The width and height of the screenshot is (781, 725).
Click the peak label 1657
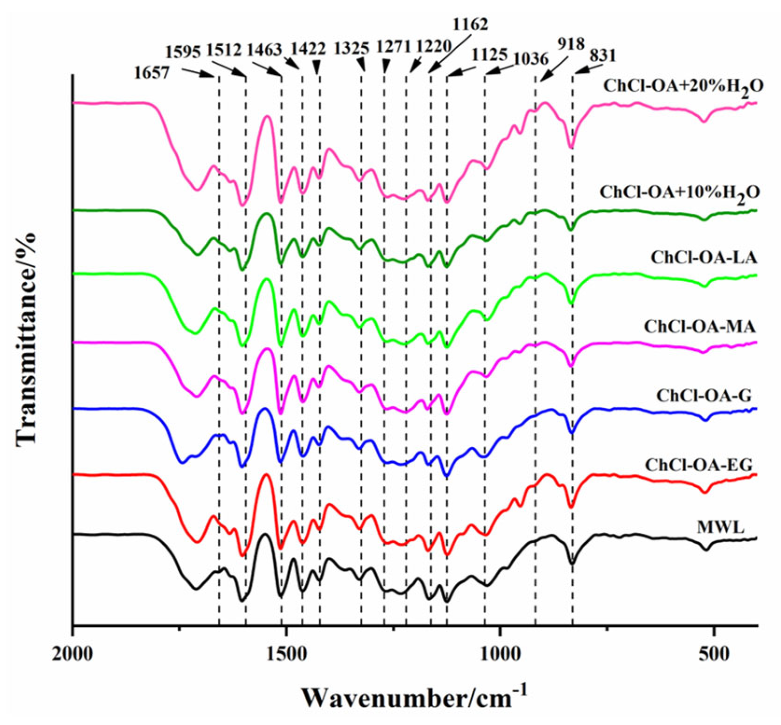coord(152,73)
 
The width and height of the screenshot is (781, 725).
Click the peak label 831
coord(602,56)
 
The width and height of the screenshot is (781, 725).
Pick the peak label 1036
coord(531,59)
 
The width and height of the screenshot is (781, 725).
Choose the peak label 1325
coord(352,49)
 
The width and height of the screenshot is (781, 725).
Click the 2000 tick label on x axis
coord(73,653)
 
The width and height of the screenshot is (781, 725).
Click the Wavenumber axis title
coord(414,697)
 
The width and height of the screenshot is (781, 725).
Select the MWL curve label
coord(720,527)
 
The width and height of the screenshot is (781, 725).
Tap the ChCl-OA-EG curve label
coord(698,465)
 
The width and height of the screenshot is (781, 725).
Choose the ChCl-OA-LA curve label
coord(704,258)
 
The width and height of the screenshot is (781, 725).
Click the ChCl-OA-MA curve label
coord(700,327)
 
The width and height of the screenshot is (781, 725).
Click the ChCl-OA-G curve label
coord(704,395)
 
